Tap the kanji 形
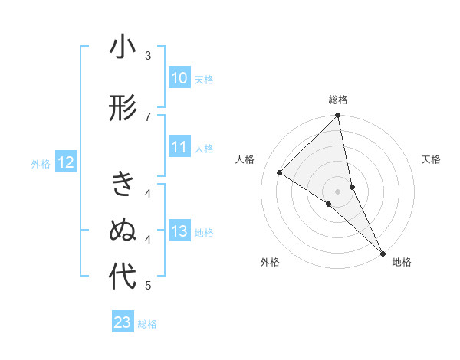(123, 108)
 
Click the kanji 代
(123, 277)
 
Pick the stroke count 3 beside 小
(148, 56)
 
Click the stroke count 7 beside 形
(148, 116)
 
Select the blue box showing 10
(179, 78)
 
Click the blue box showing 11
(179, 147)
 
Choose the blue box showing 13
(179, 231)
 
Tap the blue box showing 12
(65, 162)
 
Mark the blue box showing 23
(122, 323)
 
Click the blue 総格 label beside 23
(147, 324)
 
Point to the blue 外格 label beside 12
(41, 163)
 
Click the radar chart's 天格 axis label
(432, 159)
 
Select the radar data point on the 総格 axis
(338, 116)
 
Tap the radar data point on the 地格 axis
(382, 251)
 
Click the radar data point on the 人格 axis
(280, 173)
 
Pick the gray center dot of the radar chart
(337, 191)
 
